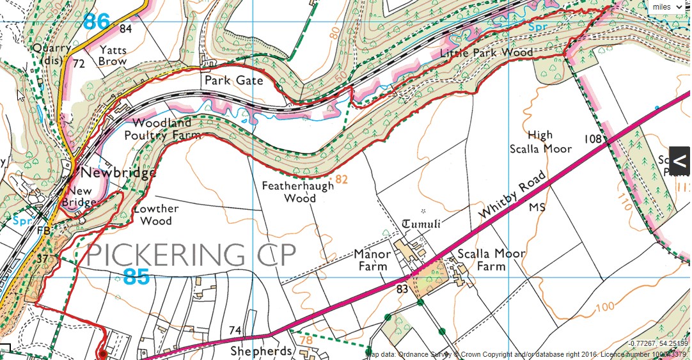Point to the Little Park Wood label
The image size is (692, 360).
pos(487,52)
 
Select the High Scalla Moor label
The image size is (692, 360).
pos(540,142)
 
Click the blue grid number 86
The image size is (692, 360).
pos(97,22)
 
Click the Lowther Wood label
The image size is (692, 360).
pos(156,215)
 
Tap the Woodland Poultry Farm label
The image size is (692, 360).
pos(163,129)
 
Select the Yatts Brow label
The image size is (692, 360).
pos(113,56)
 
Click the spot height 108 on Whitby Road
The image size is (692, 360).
pos(594,139)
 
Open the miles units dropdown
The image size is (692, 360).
pos(668,7)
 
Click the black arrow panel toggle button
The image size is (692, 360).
pos(680,160)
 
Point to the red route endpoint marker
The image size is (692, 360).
pos(102,354)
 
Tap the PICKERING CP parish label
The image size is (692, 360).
pos(191,255)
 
